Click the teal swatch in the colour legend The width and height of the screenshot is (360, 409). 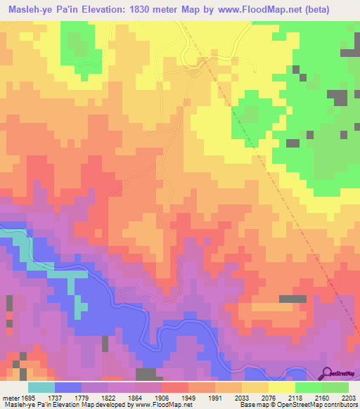point(41,387)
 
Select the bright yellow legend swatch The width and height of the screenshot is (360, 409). point(281,387)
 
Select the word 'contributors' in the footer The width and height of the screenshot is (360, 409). point(338,405)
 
